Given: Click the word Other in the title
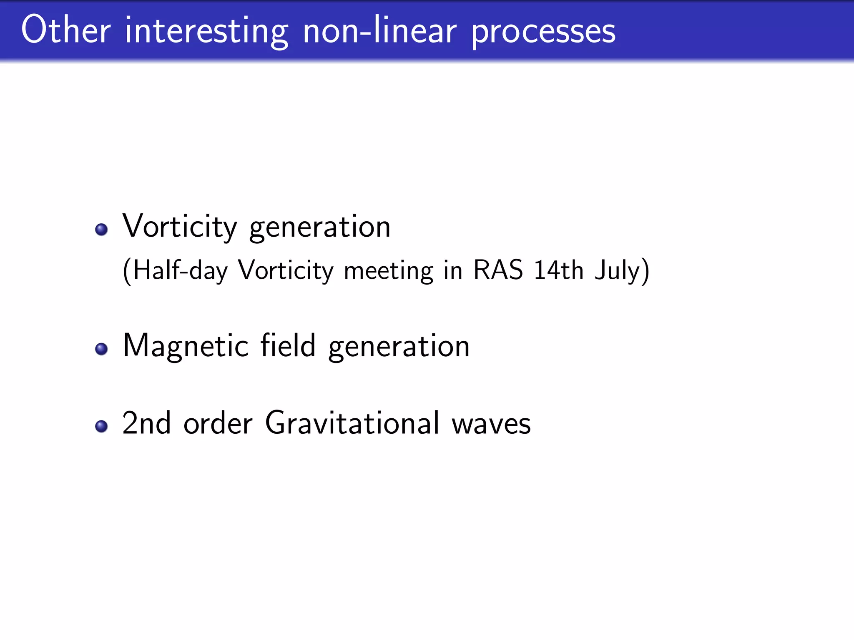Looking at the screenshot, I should [x=66, y=30].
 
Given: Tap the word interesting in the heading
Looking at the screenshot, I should [x=206, y=32].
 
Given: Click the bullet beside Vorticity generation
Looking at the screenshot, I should [x=101, y=230].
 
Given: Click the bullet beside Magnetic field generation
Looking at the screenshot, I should [x=101, y=349].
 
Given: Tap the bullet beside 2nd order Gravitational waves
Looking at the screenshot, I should [x=101, y=426].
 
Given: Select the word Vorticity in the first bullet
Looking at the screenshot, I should [x=180, y=227].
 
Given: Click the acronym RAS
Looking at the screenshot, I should [x=498, y=270].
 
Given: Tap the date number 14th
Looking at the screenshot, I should [x=558, y=270].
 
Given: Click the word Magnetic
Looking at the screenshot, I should [x=186, y=346].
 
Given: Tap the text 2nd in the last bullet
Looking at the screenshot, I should [x=146, y=423].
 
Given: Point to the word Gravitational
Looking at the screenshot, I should [x=352, y=423].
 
